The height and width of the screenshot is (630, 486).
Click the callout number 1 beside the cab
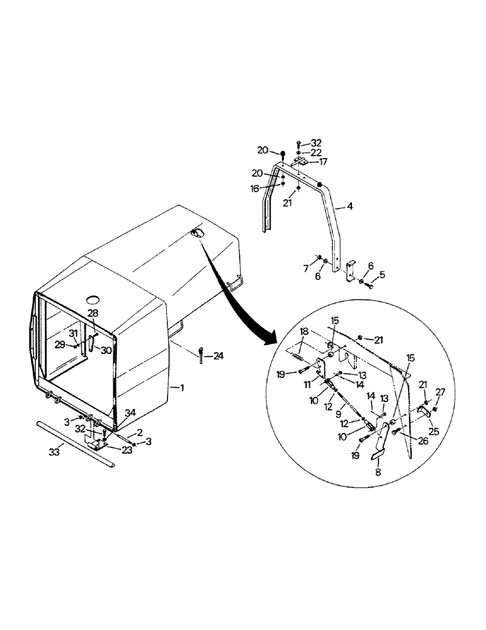(182, 388)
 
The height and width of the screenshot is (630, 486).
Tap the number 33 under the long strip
(55, 452)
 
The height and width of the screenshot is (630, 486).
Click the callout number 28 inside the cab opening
(93, 313)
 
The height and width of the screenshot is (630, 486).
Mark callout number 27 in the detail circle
(440, 392)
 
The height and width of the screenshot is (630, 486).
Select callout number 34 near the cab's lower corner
(130, 412)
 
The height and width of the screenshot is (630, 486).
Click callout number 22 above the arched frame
(316, 152)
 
